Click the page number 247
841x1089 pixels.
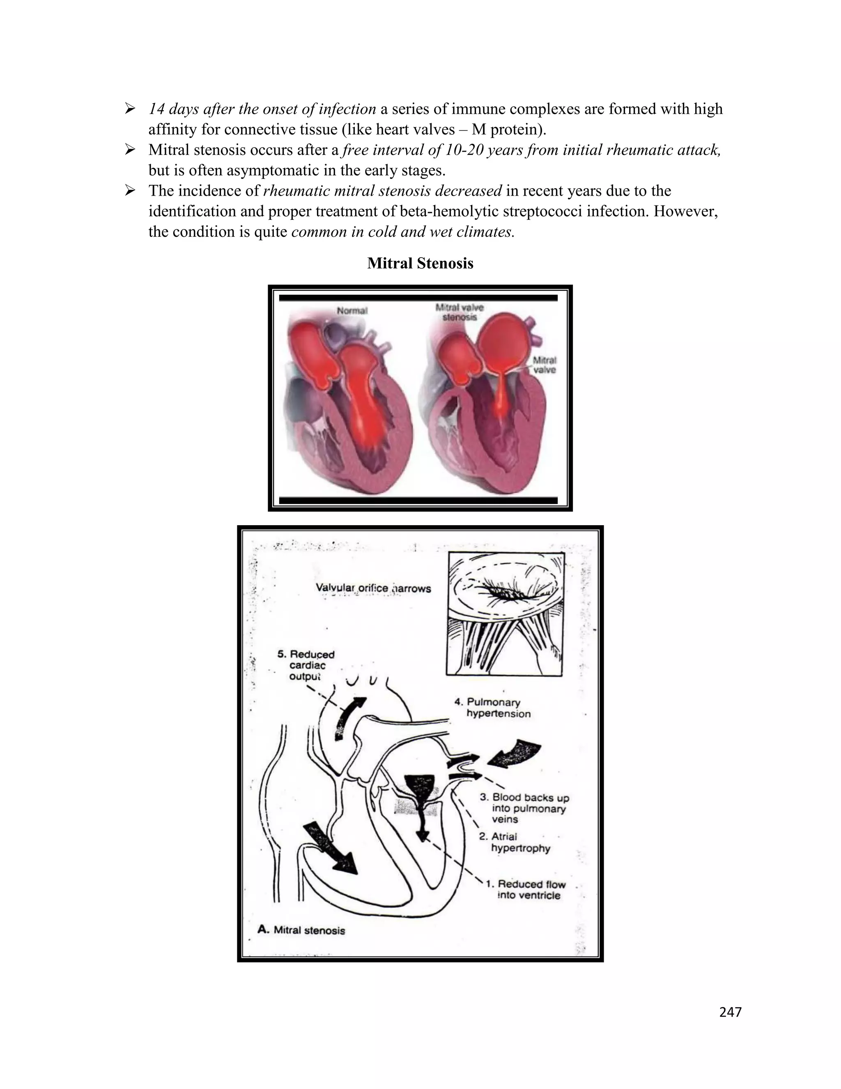coord(731,1012)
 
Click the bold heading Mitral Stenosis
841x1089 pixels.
coord(420,263)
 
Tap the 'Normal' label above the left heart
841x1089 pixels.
coord(352,311)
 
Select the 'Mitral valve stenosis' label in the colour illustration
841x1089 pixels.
coord(460,312)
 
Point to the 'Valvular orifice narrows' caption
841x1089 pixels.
coord(373,588)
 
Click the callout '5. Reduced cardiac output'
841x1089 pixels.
coord(306,665)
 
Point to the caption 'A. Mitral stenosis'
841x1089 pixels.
coord(301,930)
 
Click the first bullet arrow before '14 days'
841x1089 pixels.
coord(130,108)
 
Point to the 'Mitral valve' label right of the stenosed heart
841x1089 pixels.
coord(545,365)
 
